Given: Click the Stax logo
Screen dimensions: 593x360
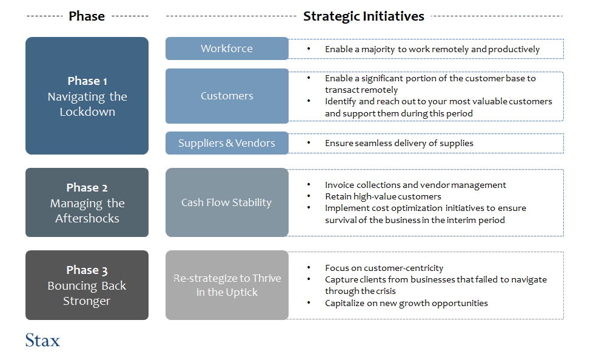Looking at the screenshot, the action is pos(42,340).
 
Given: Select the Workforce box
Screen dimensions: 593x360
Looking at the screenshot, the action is pos(227,48).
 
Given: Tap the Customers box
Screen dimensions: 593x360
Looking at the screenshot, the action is pos(227,96).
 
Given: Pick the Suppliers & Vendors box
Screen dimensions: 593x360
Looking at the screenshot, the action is pos(227,143).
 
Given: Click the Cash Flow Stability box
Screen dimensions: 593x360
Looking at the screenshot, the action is pos(227,202).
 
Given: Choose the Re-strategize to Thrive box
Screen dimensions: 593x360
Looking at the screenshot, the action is pos(227,285).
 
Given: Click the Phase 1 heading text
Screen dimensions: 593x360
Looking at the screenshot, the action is pos(87,81).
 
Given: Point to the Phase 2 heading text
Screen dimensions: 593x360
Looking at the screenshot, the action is pos(87,187).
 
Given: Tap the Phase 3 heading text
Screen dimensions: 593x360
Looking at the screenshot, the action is pos(87,270).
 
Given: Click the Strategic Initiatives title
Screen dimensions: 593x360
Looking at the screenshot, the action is pos(364,16).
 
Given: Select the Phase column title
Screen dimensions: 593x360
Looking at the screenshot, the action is pos(87,16).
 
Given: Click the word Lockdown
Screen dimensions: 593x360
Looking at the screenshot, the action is pos(87,112).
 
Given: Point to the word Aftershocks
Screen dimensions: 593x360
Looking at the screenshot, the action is pos(87,218).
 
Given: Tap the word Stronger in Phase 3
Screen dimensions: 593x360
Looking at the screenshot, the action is pos(87,301).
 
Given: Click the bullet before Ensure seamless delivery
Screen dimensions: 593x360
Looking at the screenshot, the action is pos(309,142).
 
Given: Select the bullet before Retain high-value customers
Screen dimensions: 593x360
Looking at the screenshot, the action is pos(309,196).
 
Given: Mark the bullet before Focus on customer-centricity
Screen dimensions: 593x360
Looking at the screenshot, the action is pos(309,267).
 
